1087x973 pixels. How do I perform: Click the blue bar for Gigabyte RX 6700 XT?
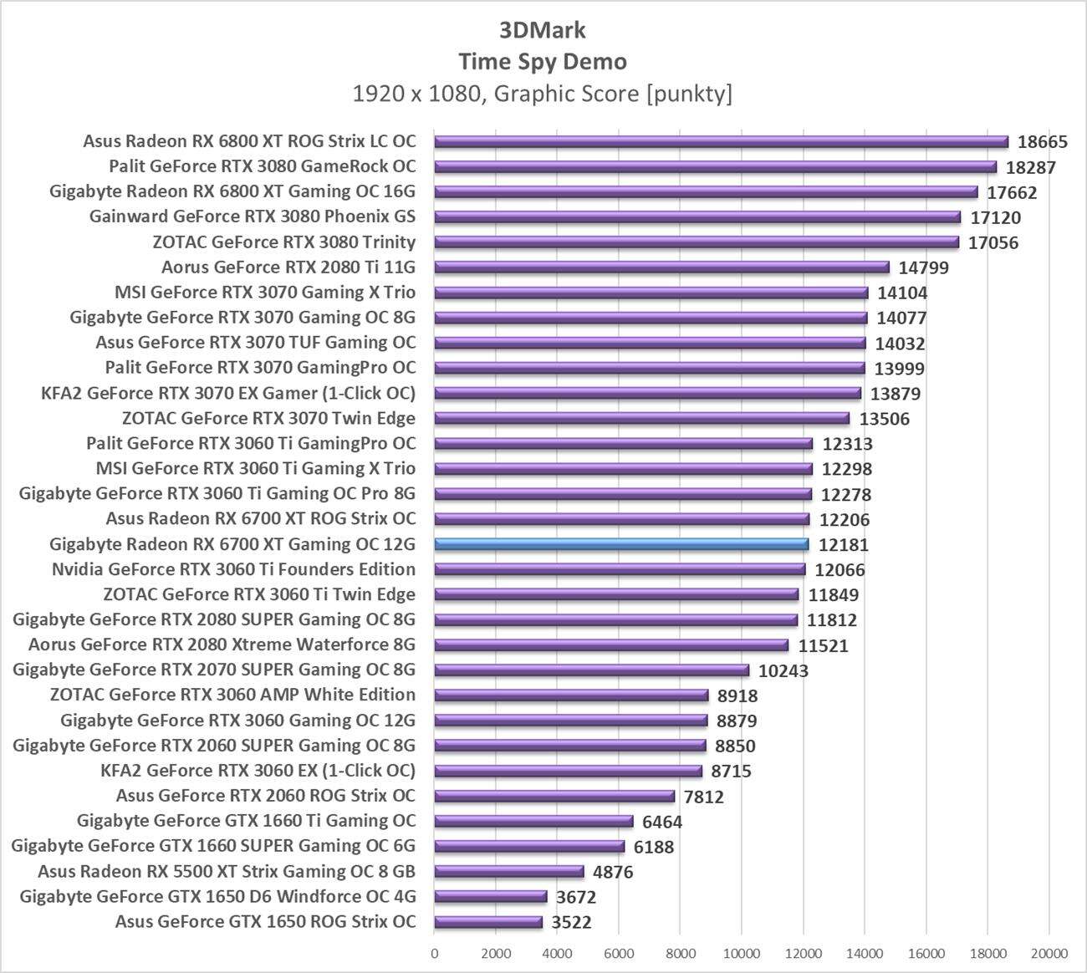coord(620,544)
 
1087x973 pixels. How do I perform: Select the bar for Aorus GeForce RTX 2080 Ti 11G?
coord(661,267)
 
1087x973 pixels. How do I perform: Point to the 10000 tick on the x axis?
coord(742,953)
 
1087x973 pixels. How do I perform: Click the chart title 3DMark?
coord(543,30)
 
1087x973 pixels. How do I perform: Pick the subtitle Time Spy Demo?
coord(543,62)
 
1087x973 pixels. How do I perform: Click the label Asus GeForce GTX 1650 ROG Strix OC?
coord(265,921)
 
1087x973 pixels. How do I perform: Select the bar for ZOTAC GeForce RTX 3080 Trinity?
coord(697,242)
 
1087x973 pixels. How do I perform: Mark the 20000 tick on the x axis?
coord(1049,953)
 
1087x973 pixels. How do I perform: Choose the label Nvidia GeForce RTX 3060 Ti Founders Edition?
coord(233,569)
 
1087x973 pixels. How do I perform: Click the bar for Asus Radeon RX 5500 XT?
coord(508,871)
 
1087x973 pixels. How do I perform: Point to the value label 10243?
coord(783,670)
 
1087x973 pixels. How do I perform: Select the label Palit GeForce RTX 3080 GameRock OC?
coord(262,166)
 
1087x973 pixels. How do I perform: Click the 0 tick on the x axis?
coord(434,953)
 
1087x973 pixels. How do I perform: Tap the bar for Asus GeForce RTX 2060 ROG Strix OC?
coord(554,796)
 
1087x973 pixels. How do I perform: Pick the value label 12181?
coord(843,545)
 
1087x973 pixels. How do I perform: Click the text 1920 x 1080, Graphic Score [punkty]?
coord(543,94)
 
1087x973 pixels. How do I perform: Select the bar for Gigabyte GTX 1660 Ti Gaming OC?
coord(533,821)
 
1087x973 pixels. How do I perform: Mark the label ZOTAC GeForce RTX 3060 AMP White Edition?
coord(232,695)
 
